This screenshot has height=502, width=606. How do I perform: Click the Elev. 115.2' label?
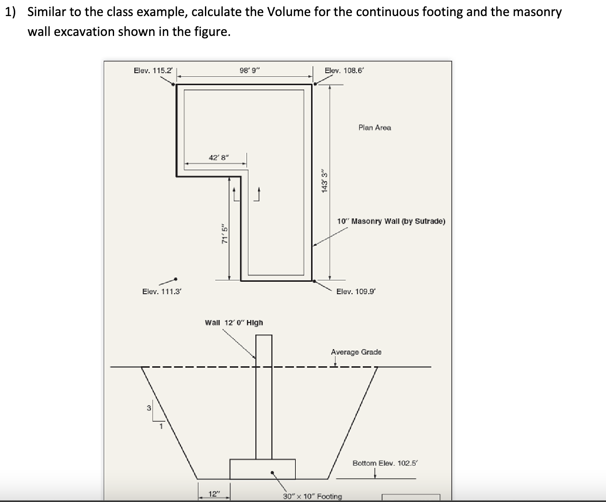(153, 71)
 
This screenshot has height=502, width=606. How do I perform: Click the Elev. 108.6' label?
(344, 71)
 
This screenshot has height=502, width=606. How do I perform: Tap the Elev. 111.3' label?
(162, 291)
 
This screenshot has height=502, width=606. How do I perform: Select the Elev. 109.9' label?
(355, 291)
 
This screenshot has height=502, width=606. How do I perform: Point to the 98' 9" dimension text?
(250, 71)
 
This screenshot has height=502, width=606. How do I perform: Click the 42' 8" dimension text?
(218, 158)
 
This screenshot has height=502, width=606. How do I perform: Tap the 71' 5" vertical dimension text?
(225, 235)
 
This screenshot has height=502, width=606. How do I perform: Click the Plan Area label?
(374, 128)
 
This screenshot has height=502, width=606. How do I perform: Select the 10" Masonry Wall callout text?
(391, 221)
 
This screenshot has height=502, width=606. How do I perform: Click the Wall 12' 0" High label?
(234, 322)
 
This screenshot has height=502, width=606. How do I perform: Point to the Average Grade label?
(356, 352)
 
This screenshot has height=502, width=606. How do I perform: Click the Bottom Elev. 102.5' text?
(385, 463)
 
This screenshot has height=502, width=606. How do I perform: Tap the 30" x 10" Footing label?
(312, 496)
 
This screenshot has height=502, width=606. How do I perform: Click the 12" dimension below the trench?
(215, 494)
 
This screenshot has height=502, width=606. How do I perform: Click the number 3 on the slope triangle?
(148, 408)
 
